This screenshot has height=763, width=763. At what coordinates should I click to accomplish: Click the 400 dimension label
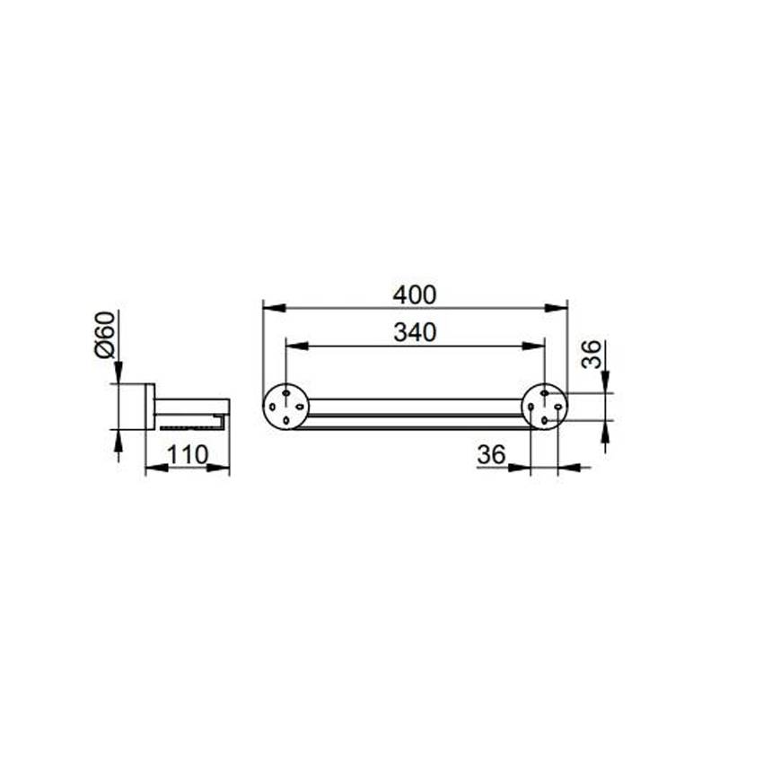click(x=415, y=295)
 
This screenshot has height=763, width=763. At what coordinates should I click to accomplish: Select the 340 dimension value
click(x=415, y=333)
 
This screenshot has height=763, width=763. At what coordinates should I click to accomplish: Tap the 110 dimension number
click(x=188, y=455)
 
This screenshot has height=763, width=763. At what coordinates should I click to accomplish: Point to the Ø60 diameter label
click(x=106, y=335)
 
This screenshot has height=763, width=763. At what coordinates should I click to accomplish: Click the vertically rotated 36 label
click(x=592, y=355)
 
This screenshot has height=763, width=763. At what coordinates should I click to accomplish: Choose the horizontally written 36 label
click(x=492, y=455)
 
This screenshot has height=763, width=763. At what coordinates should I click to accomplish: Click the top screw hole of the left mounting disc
click(x=286, y=392)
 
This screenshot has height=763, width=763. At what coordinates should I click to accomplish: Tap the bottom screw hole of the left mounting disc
click(x=286, y=420)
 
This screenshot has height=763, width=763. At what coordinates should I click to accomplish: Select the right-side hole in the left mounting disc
click(x=300, y=407)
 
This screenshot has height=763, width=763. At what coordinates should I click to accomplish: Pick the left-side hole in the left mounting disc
click(x=273, y=407)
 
